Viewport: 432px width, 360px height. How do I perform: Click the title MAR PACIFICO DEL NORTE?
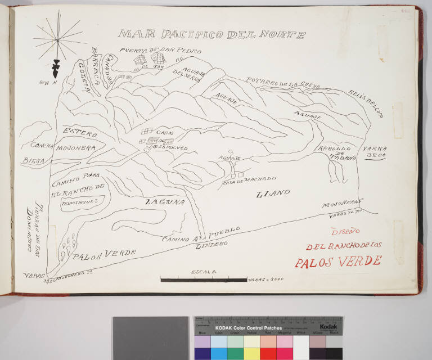click(212, 35)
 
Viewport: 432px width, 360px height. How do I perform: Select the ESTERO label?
click(80, 134)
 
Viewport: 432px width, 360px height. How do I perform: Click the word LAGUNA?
click(164, 201)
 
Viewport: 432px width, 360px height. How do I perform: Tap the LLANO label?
click(273, 193)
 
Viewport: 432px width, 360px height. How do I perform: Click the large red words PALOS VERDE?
click(338, 262)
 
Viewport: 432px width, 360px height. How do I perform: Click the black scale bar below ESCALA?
click(204, 279)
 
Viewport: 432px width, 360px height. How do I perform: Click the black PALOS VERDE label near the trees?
click(104, 254)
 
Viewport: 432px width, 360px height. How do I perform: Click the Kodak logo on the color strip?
click(328, 326)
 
